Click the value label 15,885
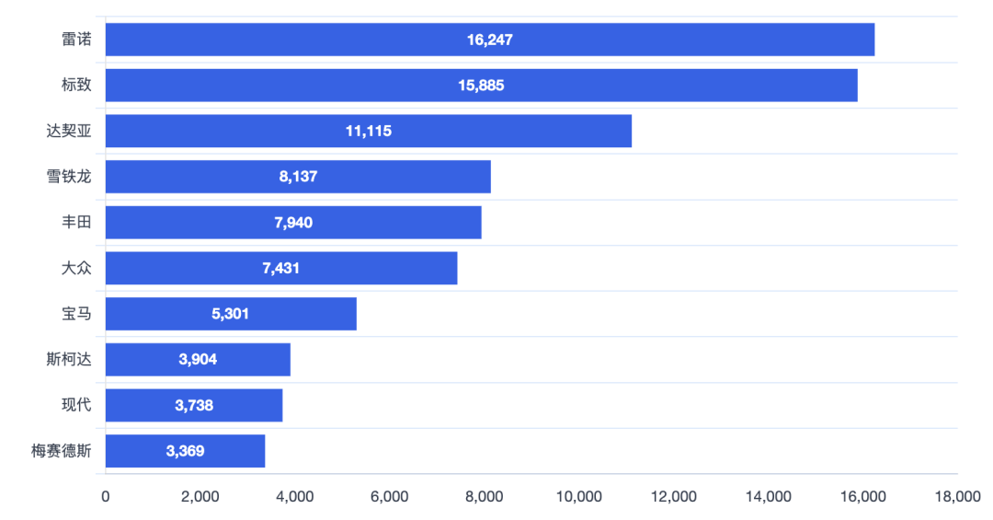(481, 86)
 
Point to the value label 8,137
(298, 177)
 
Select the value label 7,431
(281, 268)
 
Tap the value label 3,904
(198, 360)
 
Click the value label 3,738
(194, 405)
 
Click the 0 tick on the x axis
(106, 497)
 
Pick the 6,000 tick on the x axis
(390, 497)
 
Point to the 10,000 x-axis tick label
(579, 497)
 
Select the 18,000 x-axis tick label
(957, 497)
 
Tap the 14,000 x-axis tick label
(769, 497)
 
